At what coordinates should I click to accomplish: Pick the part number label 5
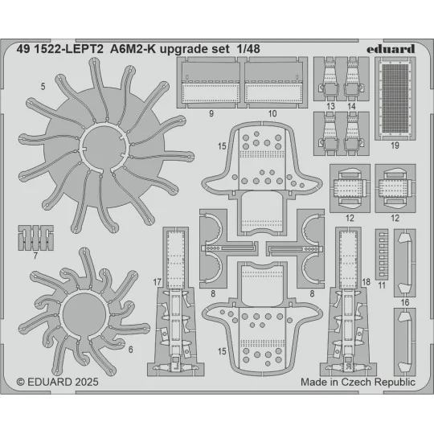(42, 84)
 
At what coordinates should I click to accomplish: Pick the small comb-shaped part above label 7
(35, 238)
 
